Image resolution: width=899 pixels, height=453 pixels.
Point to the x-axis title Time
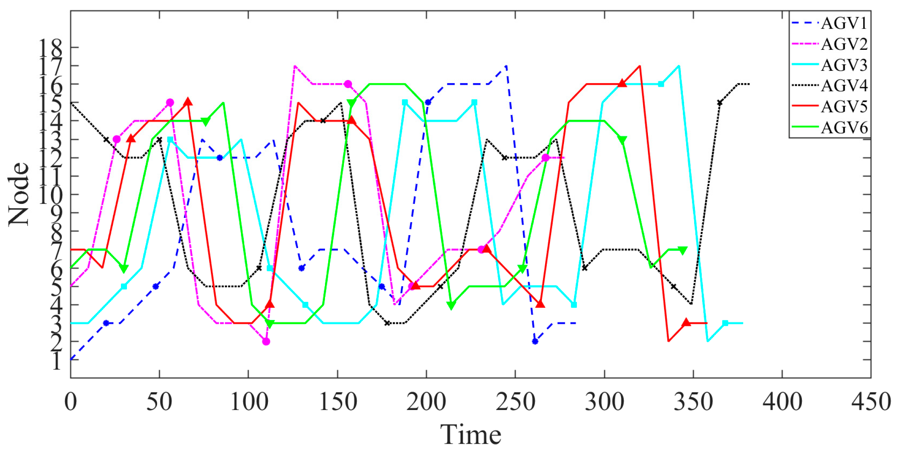pyautogui.click(x=470, y=435)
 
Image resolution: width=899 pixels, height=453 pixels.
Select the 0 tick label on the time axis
pyautogui.click(x=71, y=402)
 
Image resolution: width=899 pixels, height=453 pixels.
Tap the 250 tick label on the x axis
pyautogui.click(x=515, y=402)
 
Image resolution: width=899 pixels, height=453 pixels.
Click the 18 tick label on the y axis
pyautogui.click(x=51, y=48)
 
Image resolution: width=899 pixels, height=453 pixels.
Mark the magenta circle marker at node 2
pyautogui.click(x=266, y=342)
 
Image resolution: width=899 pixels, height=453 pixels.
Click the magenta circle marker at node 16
pyautogui.click(x=348, y=84)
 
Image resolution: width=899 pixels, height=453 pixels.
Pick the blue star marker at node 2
pyautogui.click(x=535, y=341)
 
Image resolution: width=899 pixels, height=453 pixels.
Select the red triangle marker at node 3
pyautogui.click(x=686, y=322)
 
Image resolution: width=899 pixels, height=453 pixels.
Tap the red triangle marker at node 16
pyautogui.click(x=622, y=84)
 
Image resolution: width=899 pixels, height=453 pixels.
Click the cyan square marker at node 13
pyautogui.click(x=170, y=139)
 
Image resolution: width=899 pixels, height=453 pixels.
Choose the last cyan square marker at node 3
pyautogui.click(x=725, y=323)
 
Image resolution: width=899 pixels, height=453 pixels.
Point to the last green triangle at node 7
pyautogui.click(x=682, y=250)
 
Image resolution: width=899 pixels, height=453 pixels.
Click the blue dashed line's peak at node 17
pyautogui.click(x=506, y=66)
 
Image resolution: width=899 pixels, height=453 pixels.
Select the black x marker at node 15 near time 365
pyautogui.click(x=719, y=103)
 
